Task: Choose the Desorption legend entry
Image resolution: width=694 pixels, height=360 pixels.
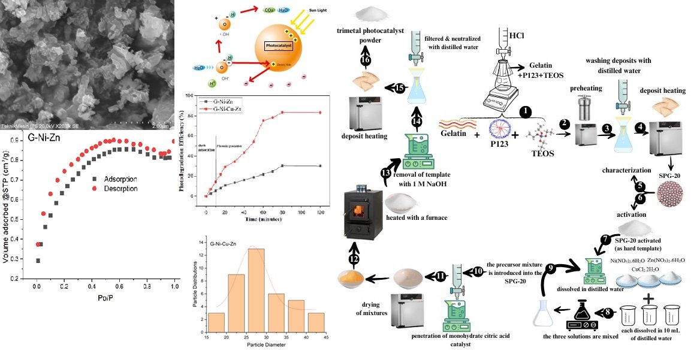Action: pyautogui.click(x=113, y=188)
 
